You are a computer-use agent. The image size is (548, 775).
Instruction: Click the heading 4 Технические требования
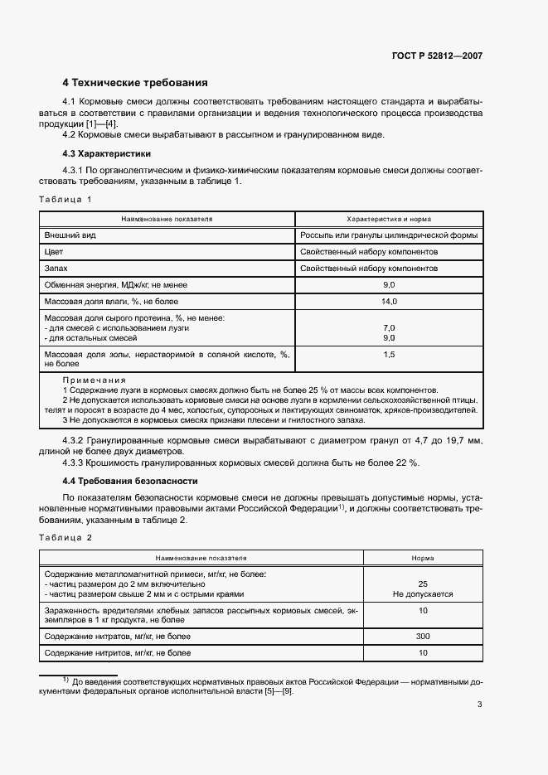coord(135,83)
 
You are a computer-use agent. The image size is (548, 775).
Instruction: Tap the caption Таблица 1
coord(65,200)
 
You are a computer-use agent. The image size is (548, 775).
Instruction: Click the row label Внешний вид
coord(70,235)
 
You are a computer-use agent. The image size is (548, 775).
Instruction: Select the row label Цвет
coord(54,251)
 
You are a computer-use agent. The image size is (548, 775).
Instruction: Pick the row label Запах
coord(56,269)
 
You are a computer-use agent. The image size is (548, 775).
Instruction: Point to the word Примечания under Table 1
coord(93,380)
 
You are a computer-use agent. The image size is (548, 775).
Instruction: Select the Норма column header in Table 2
coord(423,559)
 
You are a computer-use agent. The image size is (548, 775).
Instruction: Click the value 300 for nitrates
coord(423,636)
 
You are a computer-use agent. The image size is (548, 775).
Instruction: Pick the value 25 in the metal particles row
coord(423,584)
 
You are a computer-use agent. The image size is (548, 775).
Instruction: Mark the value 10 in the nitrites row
coord(423,653)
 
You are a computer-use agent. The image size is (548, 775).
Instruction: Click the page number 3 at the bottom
coord(479,705)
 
